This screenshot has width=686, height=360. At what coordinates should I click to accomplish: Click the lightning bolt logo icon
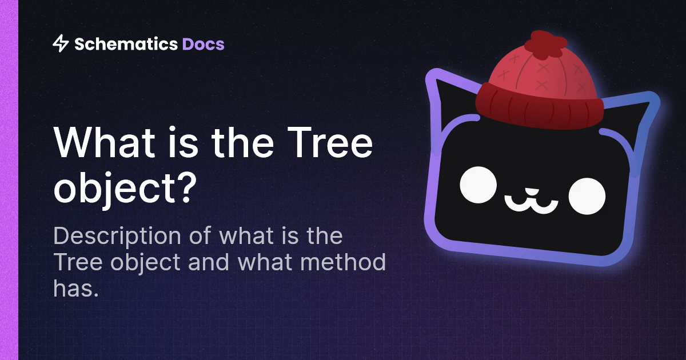coord(60,43)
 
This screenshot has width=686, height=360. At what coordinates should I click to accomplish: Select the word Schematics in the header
coord(126,43)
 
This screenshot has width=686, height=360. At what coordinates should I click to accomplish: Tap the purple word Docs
coord(203,43)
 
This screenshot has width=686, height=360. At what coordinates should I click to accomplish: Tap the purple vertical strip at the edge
coord(9,180)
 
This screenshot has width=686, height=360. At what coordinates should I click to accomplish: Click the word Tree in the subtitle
coord(75,262)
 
